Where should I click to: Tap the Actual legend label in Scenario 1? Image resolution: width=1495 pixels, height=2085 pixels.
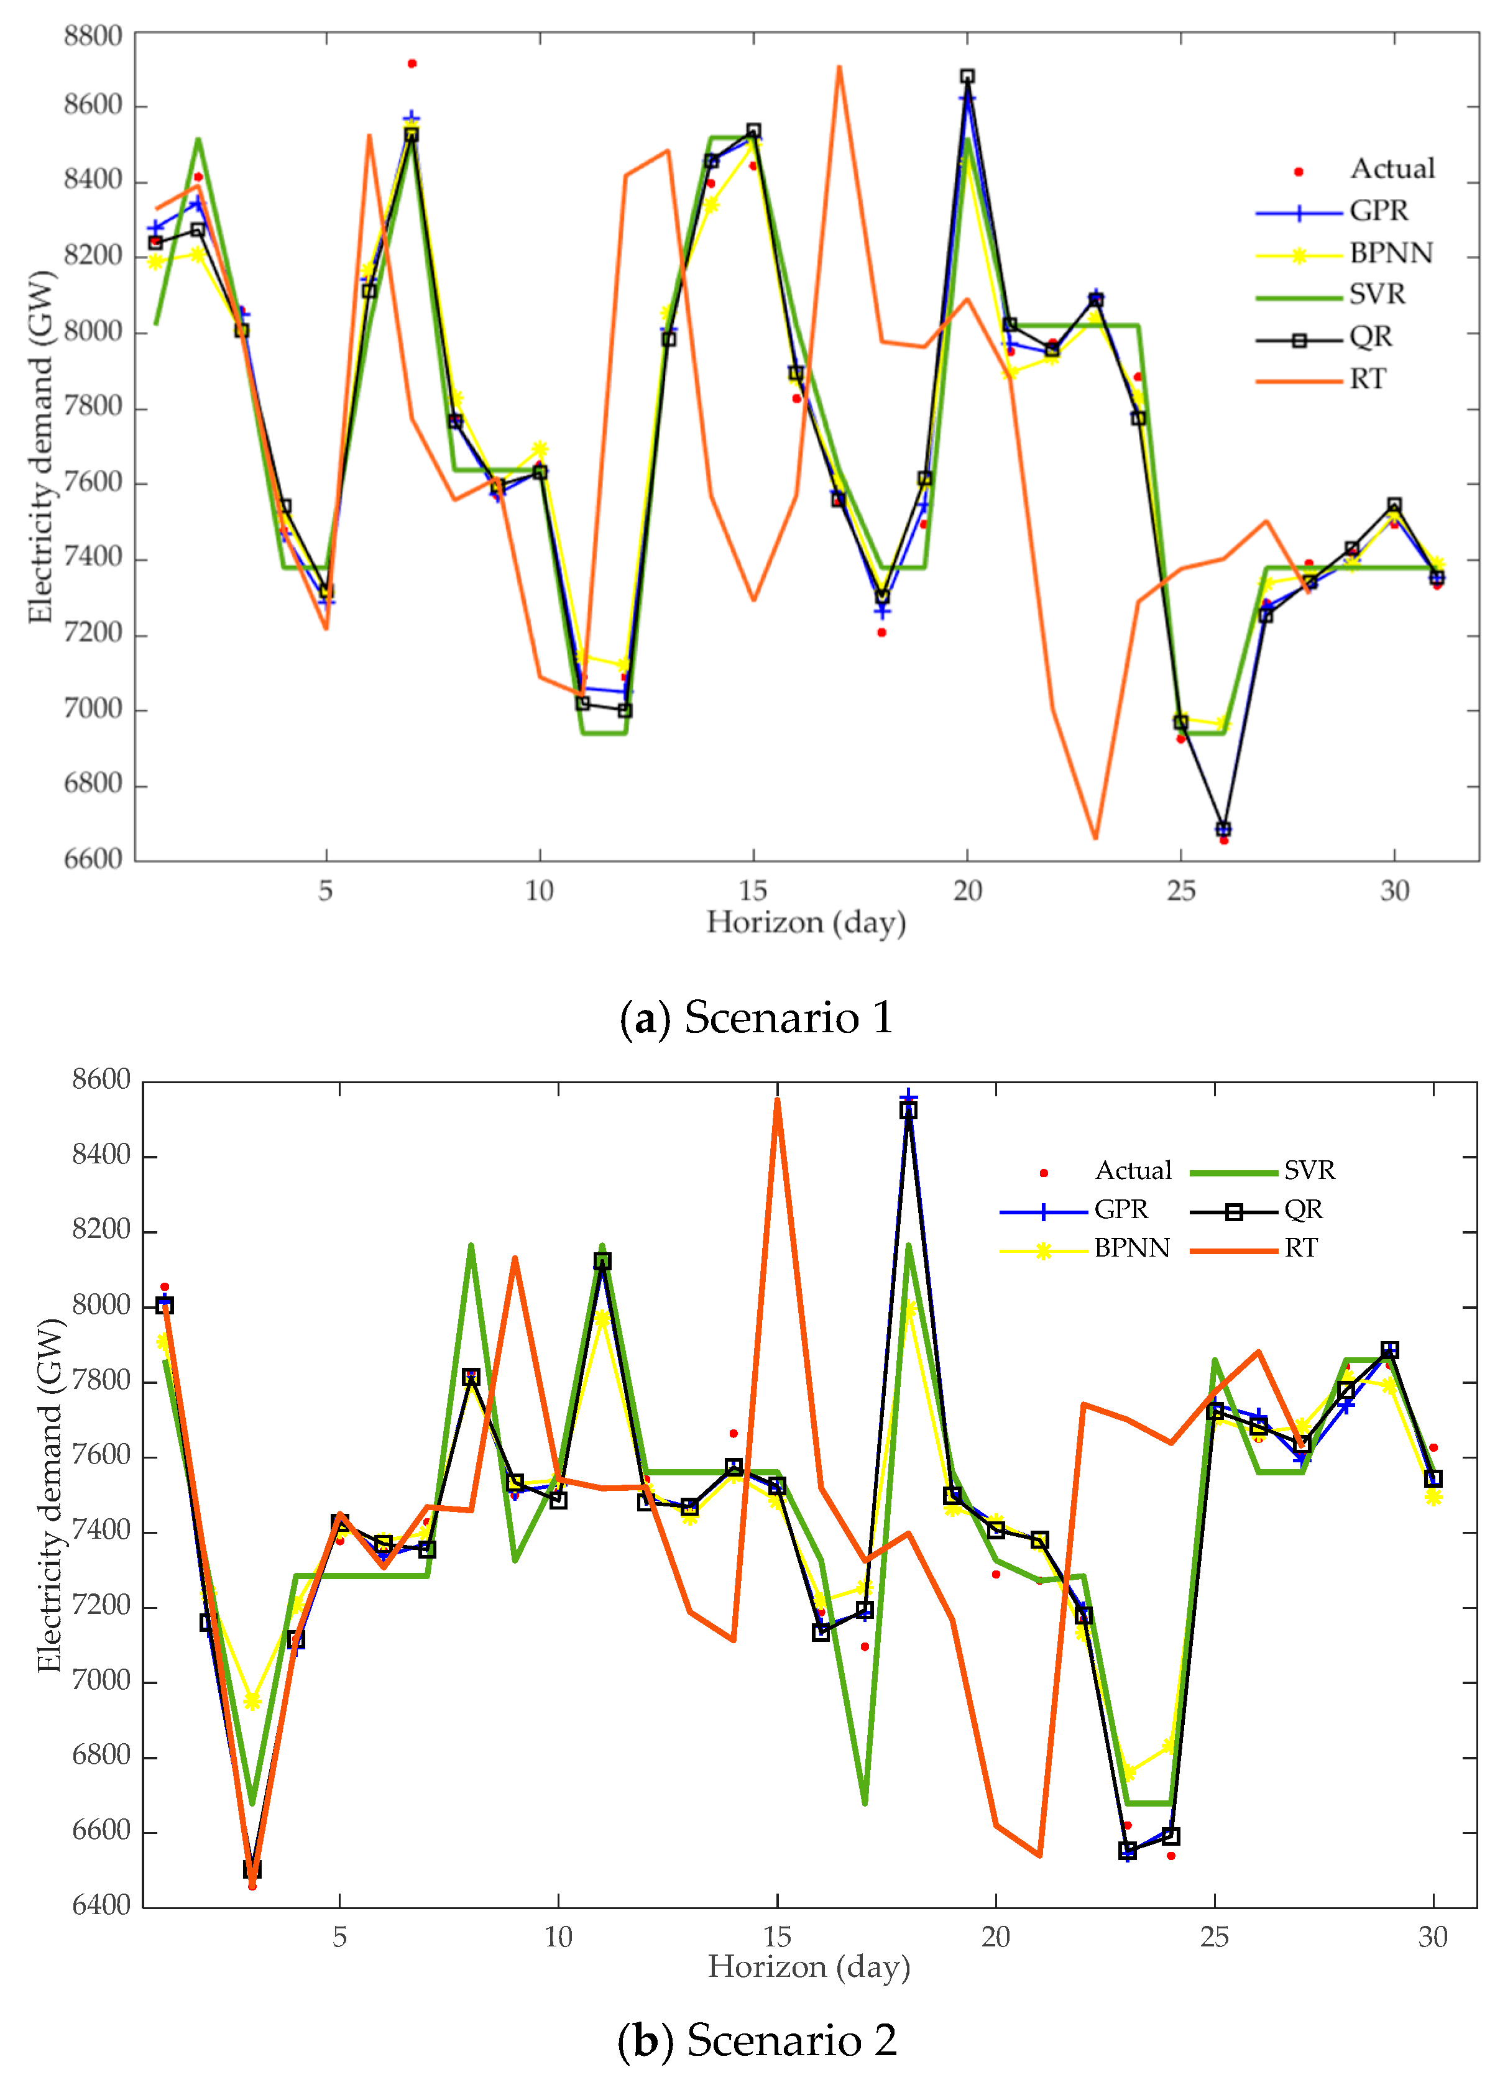(x=1392, y=169)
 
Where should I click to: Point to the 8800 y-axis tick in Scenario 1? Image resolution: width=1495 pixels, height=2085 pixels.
(x=93, y=36)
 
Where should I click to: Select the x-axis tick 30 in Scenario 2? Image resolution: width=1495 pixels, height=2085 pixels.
(x=1432, y=1937)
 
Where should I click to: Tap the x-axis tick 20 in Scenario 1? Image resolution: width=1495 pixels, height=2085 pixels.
(x=967, y=890)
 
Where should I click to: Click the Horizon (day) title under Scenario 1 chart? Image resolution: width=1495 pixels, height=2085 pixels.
(x=806, y=922)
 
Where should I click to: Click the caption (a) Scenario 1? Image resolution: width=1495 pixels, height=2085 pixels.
(x=756, y=1018)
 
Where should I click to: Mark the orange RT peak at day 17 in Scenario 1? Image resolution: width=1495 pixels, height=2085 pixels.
(x=839, y=67)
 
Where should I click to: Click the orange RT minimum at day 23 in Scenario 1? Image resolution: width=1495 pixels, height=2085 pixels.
(x=1095, y=838)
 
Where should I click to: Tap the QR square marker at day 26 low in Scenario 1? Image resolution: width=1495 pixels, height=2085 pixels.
(x=1223, y=828)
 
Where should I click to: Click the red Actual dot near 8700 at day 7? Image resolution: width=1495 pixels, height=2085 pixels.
(x=412, y=63)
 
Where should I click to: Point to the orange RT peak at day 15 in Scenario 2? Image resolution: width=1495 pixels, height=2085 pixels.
(x=778, y=1099)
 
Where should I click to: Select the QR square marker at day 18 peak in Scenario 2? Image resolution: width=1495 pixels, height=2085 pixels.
(x=908, y=1111)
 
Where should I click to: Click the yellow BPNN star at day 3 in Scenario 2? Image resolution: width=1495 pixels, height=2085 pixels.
(x=252, y=1702)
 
